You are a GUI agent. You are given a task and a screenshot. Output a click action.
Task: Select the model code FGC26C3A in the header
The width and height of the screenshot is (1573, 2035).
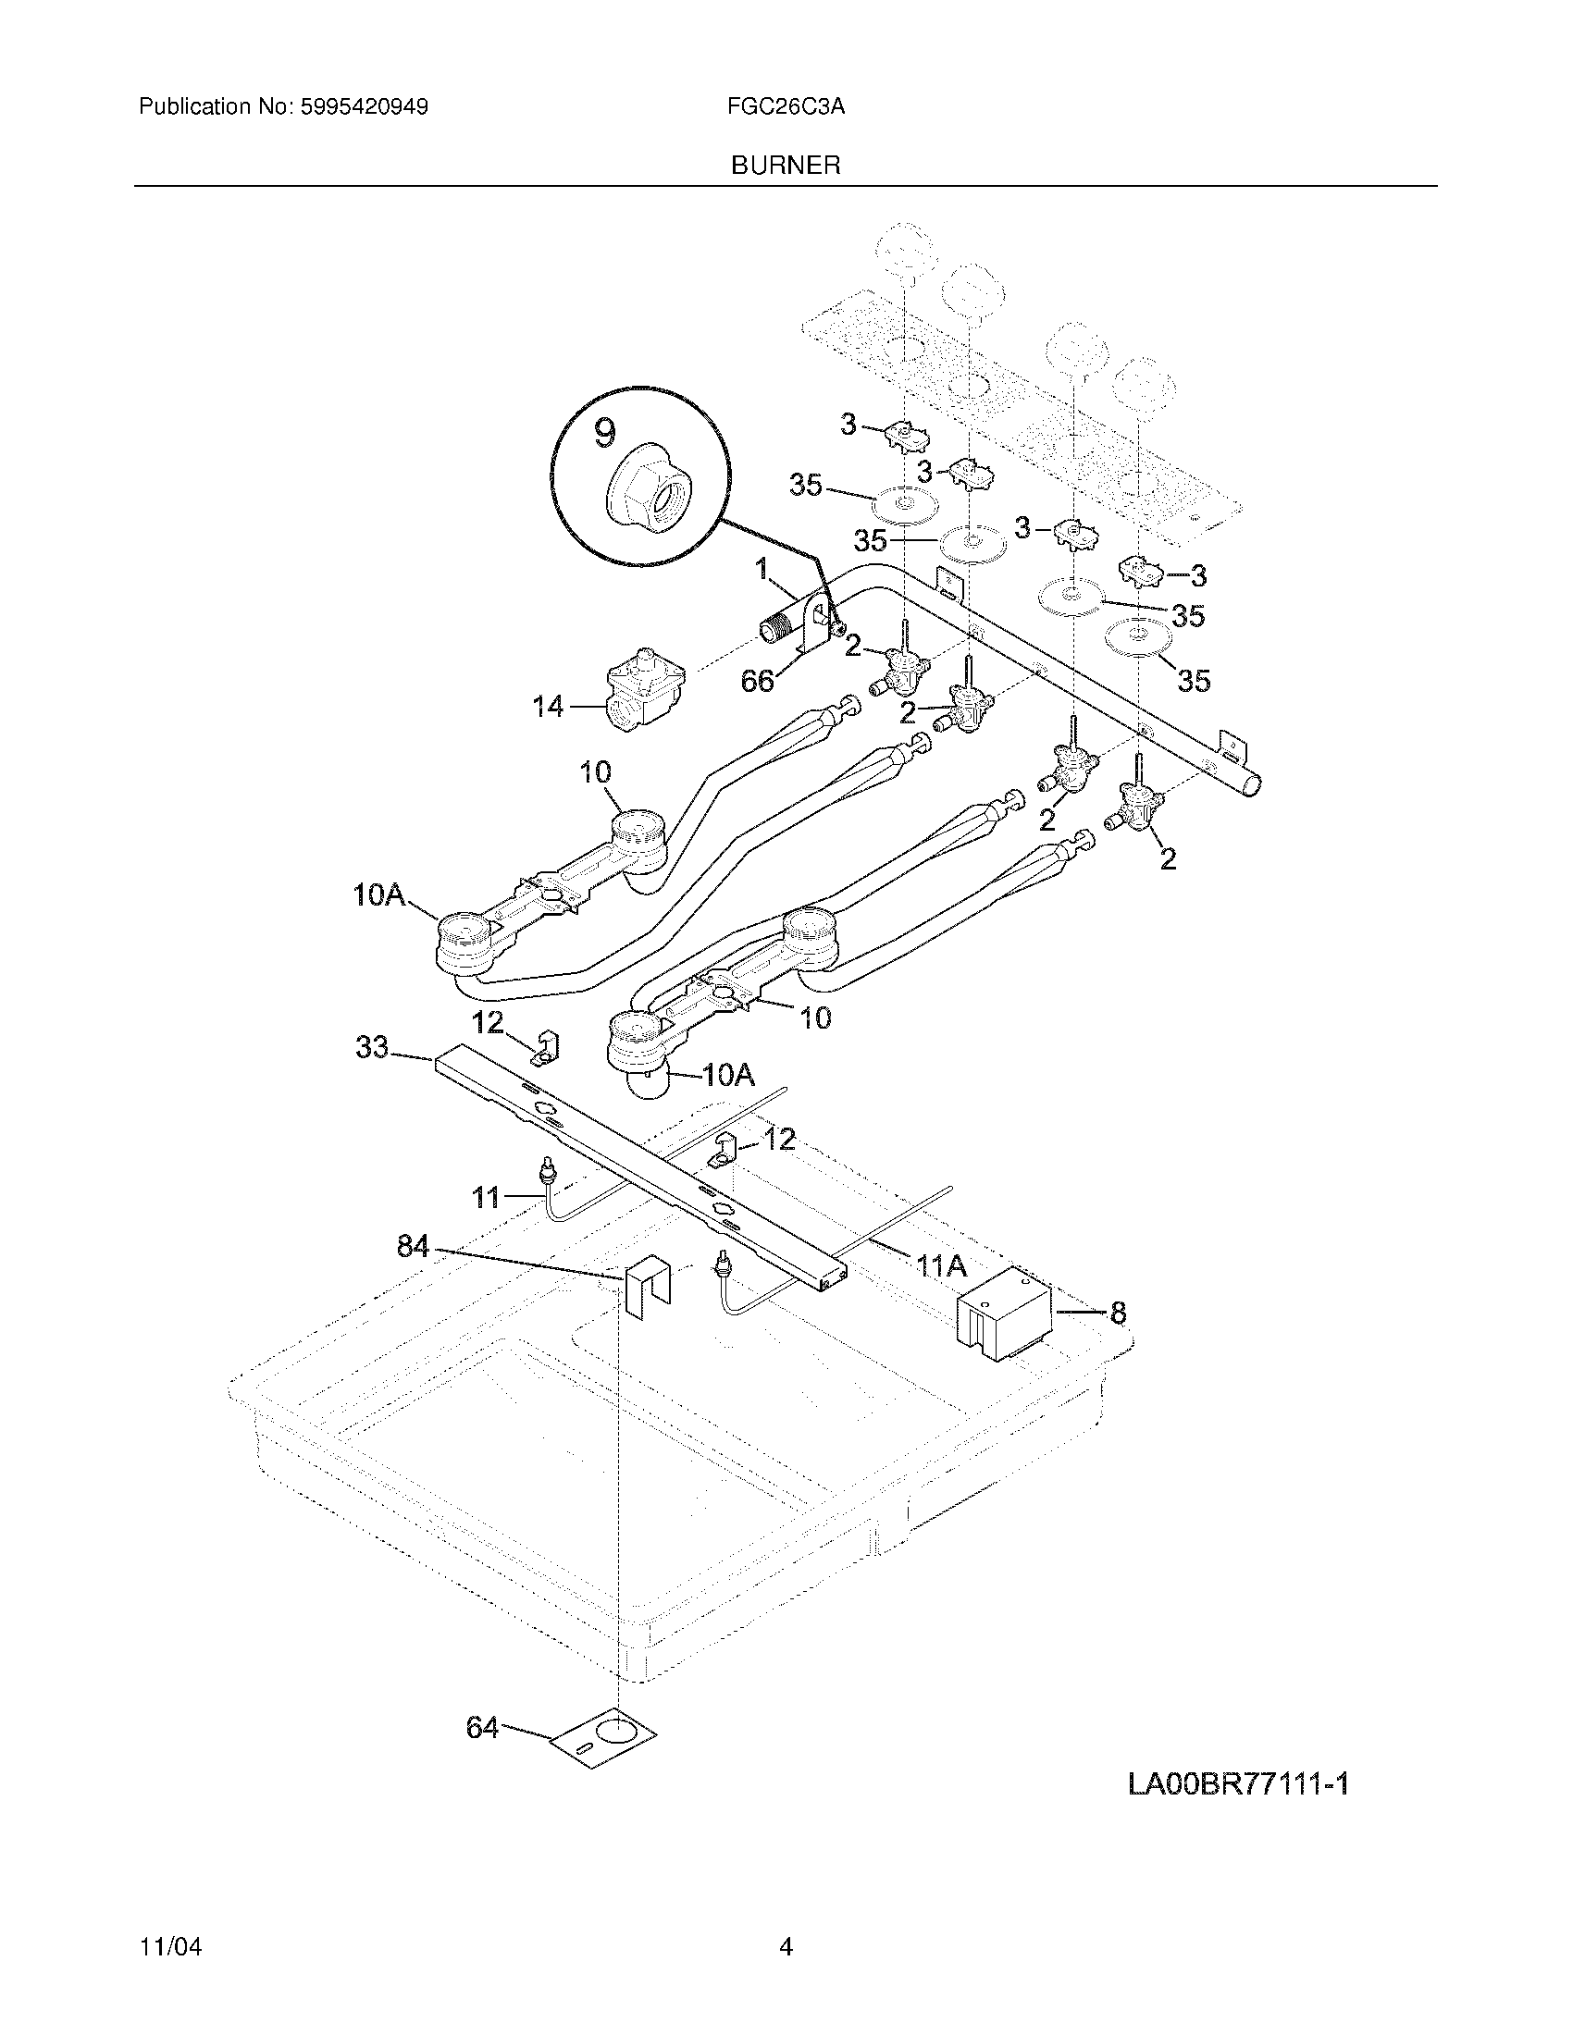pyautogui.click(x=786, y=107)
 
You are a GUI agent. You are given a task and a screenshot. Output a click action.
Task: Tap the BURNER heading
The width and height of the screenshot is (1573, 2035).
pyautogui.click(x=786, y=166)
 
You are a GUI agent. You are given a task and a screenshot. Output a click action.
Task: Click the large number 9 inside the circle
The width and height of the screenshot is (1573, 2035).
pyautogui.click(x=604, y=432)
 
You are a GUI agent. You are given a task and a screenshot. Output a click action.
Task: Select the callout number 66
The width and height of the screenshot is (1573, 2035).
pyautogui.click(x=757, y=681)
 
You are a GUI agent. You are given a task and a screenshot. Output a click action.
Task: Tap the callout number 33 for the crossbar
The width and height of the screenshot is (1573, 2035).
pyautogui.click(x=372, y=1048)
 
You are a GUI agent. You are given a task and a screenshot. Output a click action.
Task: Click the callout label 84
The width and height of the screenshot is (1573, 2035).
pyautogui.click(x=413, y=1246)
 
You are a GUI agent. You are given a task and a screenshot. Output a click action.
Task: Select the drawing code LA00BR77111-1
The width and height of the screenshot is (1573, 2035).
pyautogui.click(x=1238, y=1784)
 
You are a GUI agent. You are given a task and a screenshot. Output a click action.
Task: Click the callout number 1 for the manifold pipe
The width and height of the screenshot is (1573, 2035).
pyautogui.click(x=763, y=567)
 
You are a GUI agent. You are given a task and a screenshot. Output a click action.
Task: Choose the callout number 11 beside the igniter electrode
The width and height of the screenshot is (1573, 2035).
pyautogui.click(x=486, y=1197)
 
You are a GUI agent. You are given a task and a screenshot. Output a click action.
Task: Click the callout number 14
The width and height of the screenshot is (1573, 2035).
pyautogui.click(x=548, y=708)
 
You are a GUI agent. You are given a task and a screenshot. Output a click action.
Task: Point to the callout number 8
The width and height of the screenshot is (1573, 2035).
pyautogui.click(x=1118, y=1313)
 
